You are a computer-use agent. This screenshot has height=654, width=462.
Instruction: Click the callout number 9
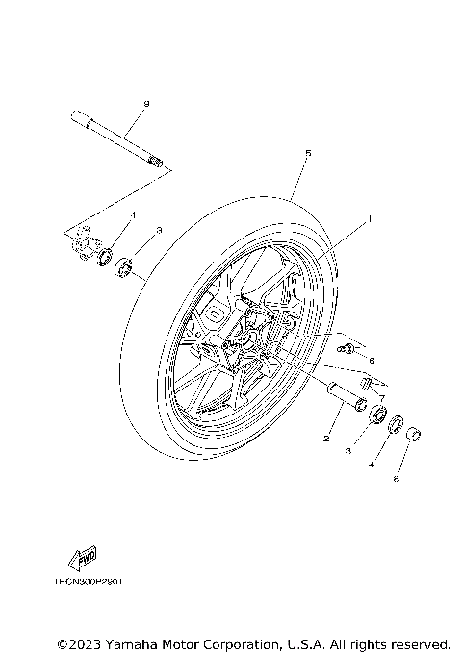(147, 102)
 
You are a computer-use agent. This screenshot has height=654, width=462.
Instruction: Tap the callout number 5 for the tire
(307, 153)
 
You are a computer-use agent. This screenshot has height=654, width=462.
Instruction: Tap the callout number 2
(325, 439)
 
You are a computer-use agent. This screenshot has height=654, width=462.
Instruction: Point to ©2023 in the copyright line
(79, 642)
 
